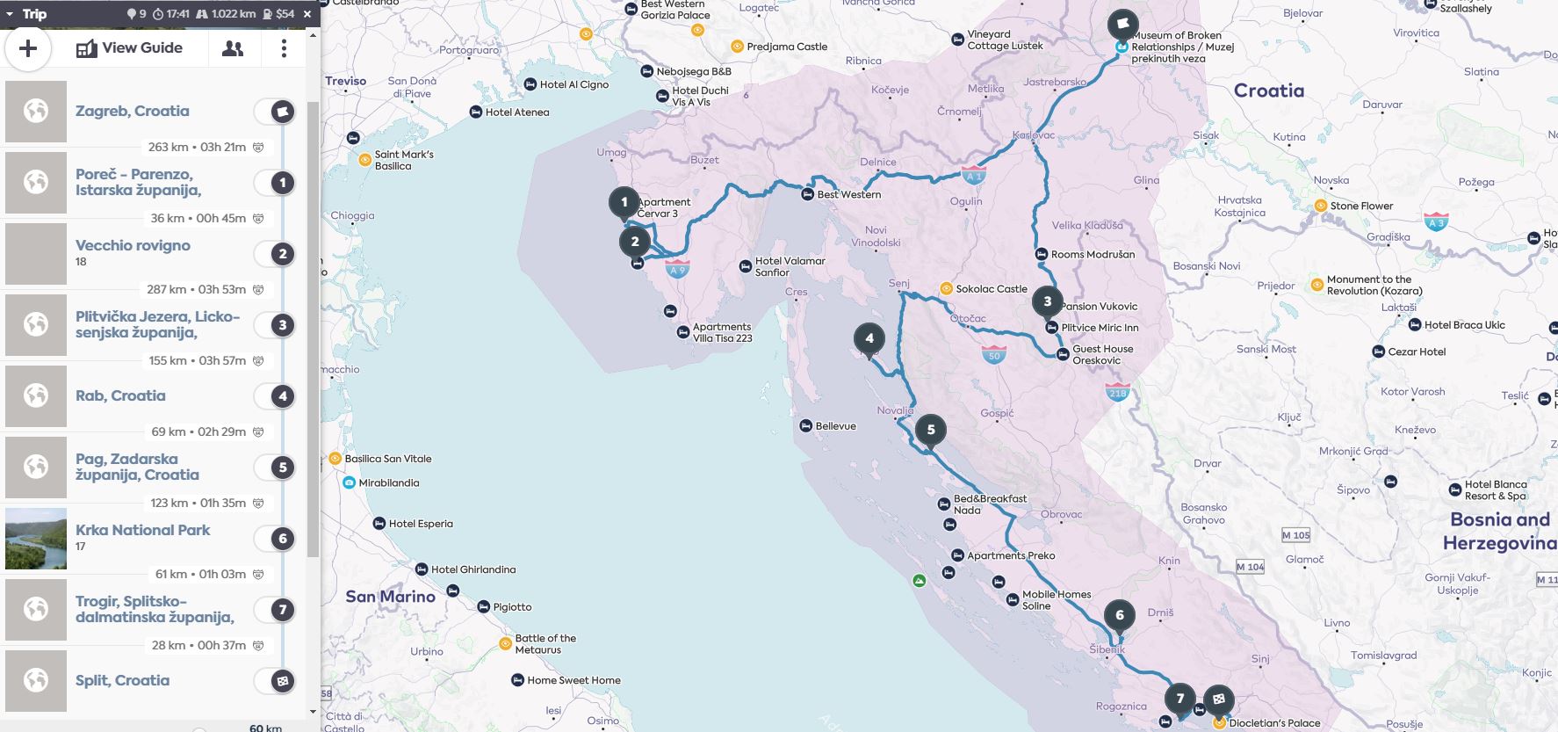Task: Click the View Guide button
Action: pos(130,48)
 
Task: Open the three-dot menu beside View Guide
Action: pos(283,48)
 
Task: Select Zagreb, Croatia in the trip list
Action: pos(132,111)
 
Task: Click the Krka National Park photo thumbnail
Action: pos(36,539)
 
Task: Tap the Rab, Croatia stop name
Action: pos(120,395)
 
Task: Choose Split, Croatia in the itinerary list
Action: pos(122,680)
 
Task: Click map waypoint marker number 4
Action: pos(869,338)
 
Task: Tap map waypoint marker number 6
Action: pos(1119,615)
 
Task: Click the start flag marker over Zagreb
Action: pos(1122,24)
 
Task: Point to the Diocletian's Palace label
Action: pos(1274,723)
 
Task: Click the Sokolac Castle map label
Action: pos(991,288)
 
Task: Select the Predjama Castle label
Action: pos(786,47)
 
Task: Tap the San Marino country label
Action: pos(390,596)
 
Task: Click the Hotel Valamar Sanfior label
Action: pos(790,266)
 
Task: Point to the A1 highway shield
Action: pos(972,175)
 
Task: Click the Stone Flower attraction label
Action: pos(1360,206)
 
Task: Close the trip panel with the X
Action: pos(307,14)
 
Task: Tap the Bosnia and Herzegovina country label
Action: pos(1499,531)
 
